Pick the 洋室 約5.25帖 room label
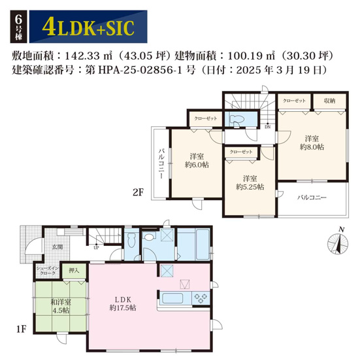point(250,182)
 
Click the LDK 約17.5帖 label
point(120,302)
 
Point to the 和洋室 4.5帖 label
point(61,306)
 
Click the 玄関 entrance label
point(57,247)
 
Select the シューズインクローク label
point(49,269)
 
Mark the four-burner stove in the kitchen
point(200,298)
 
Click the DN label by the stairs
point(268,127)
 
